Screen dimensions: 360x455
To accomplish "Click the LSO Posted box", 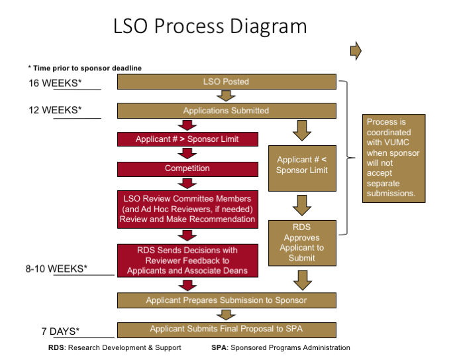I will (226, 82).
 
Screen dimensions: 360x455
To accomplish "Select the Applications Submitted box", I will (226, 110).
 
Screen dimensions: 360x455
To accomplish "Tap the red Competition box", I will (187, 168).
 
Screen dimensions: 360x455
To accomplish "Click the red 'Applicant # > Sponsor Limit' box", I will (187, 139).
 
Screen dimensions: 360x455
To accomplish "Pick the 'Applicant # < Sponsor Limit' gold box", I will (302, 164).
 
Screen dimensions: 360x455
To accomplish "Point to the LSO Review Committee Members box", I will (187, 209).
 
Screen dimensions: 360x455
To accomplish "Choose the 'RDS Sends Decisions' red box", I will (187, 261).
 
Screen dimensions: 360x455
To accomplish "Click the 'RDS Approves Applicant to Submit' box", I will (302, 242).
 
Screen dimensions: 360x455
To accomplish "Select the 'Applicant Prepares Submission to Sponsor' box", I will (226, 300).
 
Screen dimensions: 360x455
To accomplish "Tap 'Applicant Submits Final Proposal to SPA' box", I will (226, 329).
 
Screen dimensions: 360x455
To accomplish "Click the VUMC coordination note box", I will (395, 158).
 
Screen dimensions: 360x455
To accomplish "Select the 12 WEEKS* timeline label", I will (54, 110).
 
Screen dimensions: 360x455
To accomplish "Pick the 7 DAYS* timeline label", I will (60, 331).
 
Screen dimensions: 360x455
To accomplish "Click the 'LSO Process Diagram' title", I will (210, 26).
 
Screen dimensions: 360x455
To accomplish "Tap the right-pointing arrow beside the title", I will (356, 50).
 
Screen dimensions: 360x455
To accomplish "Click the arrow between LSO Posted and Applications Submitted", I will (226, 95).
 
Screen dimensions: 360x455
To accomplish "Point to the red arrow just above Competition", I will (187, 154).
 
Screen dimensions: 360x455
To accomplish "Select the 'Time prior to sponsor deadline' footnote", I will (84, 68).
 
